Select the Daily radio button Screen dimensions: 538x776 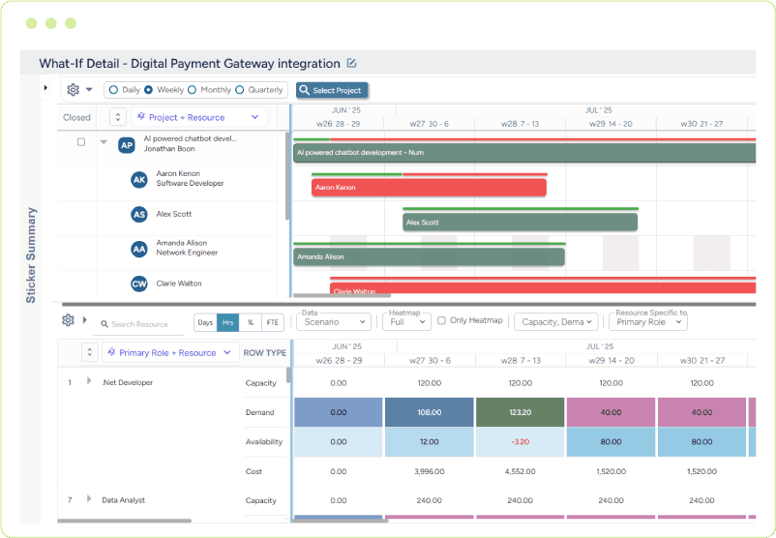[x=113, y=90]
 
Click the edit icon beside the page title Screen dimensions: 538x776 [x=352, y=64]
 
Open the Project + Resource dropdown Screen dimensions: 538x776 [x=200, y=117]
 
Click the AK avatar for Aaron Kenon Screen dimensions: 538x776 [x=139, y=179]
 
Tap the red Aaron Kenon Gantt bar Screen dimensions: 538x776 [x=429, y=187]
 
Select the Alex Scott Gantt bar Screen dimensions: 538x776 [x=520, y=222]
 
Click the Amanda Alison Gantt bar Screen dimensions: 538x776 [x=429, y=256]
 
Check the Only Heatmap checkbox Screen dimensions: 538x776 [x=442, y=321]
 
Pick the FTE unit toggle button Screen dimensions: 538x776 [x=274, y=322]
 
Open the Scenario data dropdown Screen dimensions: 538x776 [x=334, y=322]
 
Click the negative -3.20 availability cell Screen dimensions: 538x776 [x=521, y=442]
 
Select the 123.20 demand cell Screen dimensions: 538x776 [x=521, y=412]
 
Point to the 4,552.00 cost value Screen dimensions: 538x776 [x=521, y=471]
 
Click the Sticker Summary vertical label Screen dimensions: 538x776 [x=31, y=254]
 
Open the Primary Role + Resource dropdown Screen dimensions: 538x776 [x=170, y=353]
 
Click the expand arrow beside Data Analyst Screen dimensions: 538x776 [x=89, y=499]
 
